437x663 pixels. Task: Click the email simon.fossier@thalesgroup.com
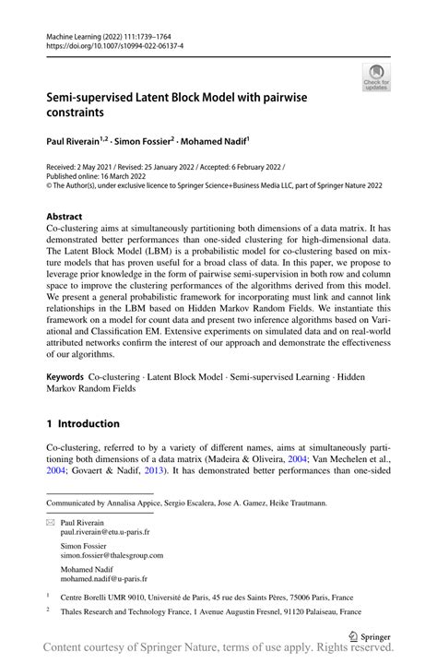click(112, 555)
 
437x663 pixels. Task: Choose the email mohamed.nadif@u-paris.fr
click(103, 578)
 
